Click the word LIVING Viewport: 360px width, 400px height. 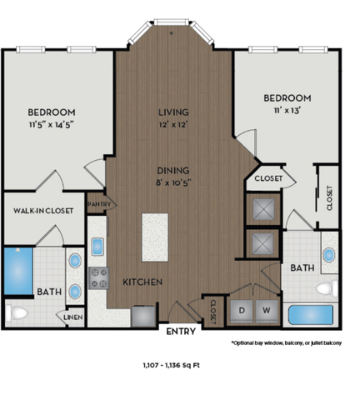(173, 112)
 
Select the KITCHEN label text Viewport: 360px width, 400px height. (142, 282)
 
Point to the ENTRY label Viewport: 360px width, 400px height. (181, 331)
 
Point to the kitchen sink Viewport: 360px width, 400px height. (97, 246)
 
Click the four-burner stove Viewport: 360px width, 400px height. (97, 275)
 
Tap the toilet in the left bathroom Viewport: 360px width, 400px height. (15, 312)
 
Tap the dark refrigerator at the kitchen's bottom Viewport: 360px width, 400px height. (142, 314)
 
